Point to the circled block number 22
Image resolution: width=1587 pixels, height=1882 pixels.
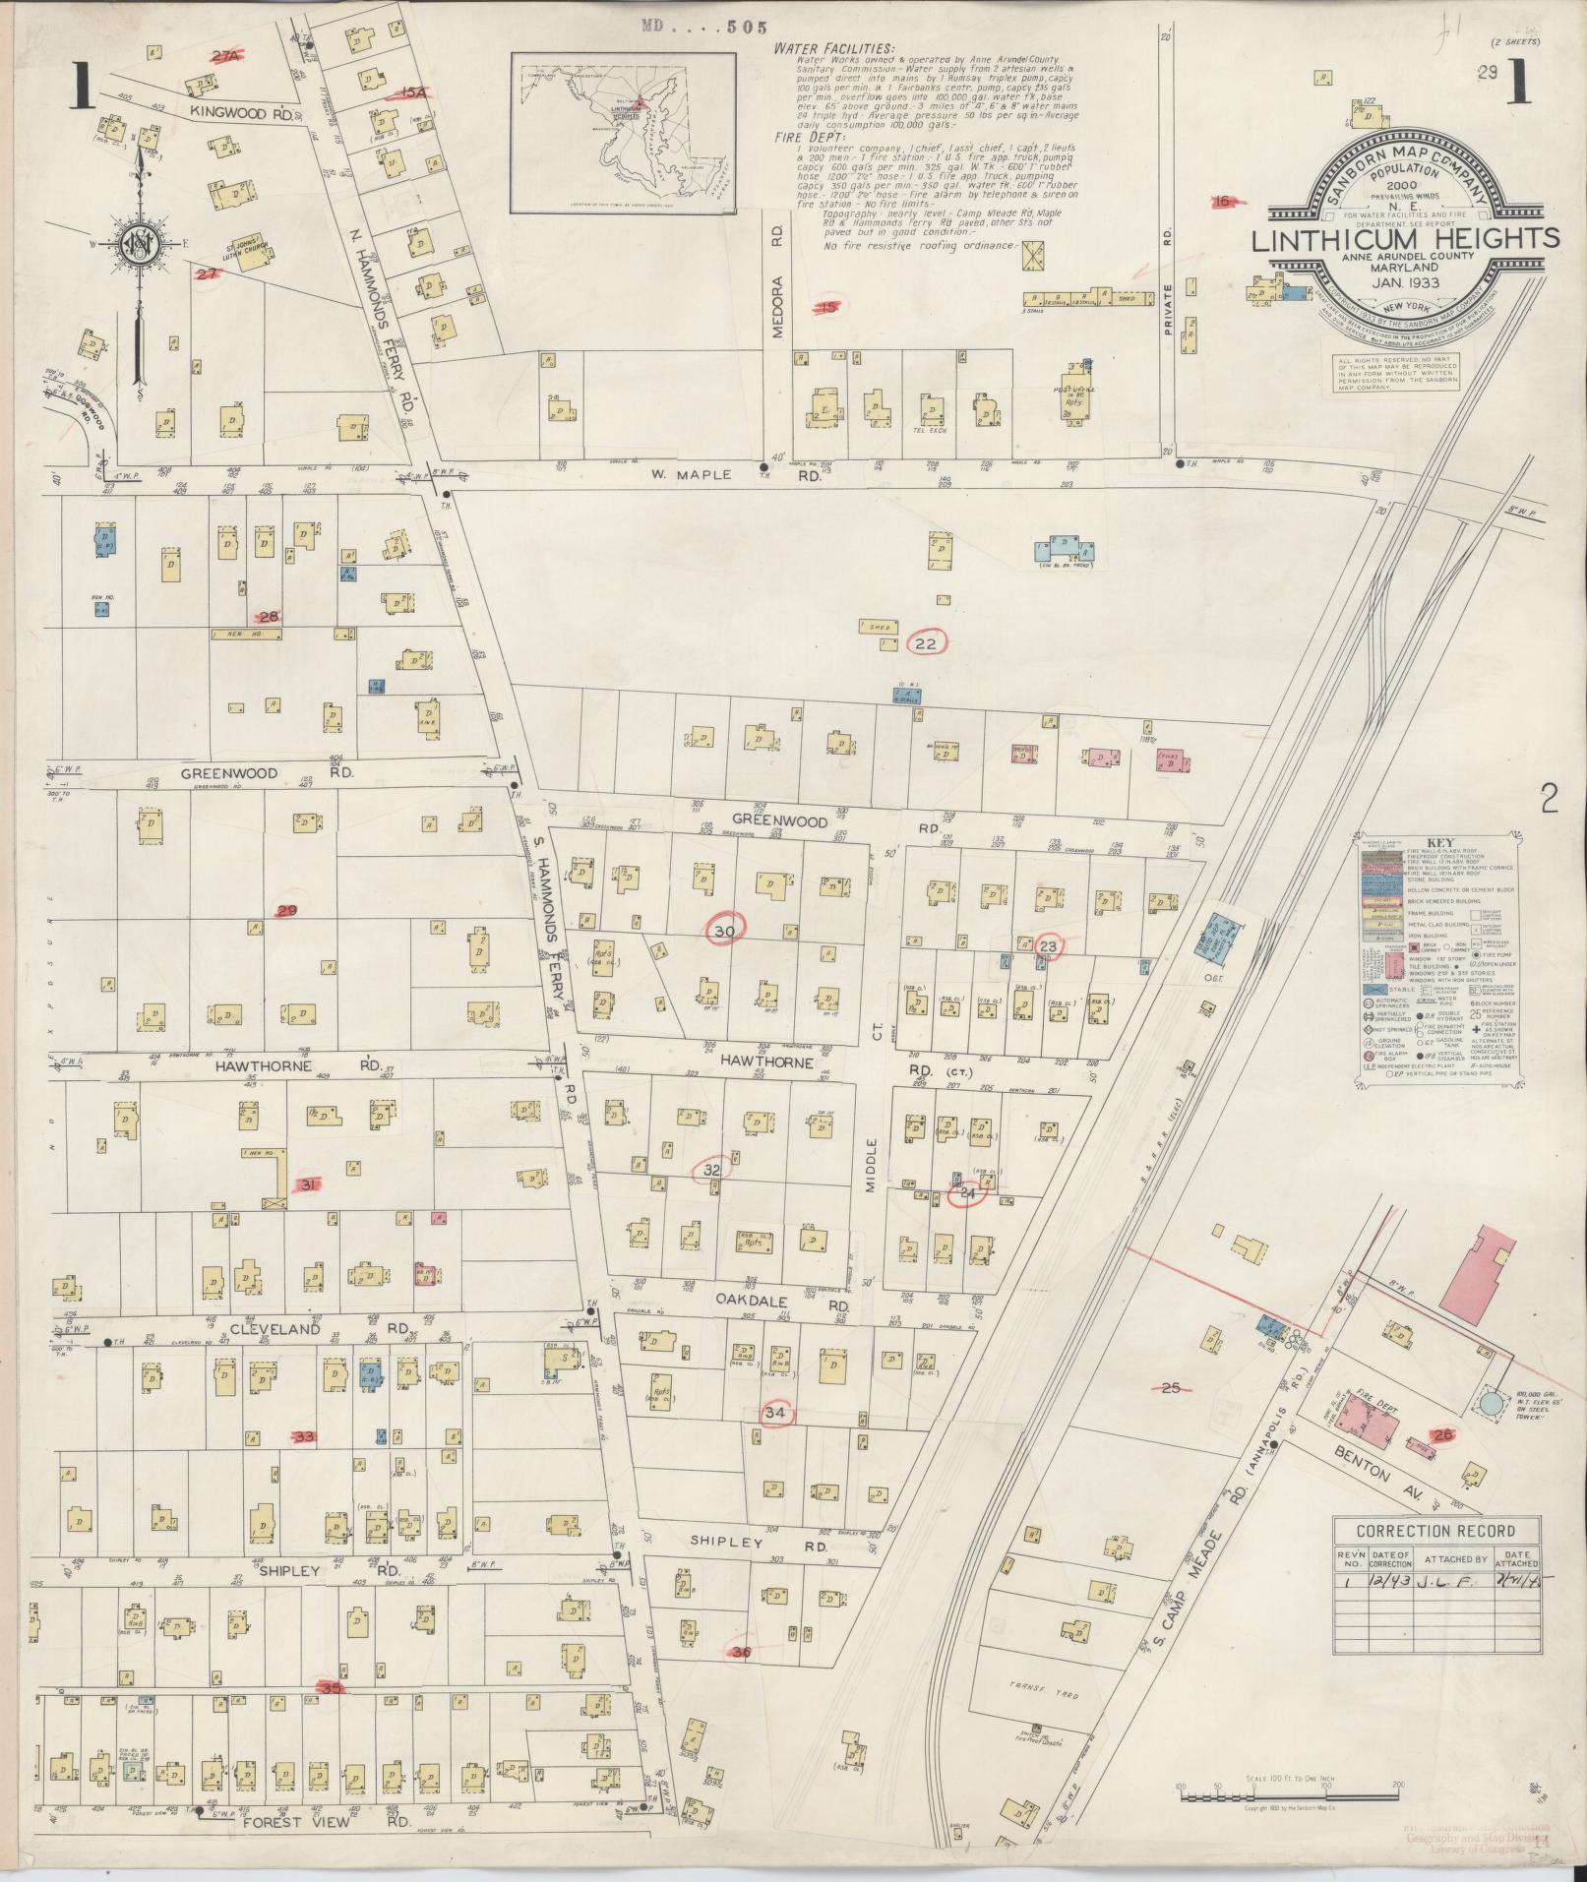(x=926, y=643)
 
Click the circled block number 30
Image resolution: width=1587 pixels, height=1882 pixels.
(x=725, y=931)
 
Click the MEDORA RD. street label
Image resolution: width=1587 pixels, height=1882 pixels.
(x=777, y=281)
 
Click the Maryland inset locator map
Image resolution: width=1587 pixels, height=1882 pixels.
(x=624, y=133)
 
